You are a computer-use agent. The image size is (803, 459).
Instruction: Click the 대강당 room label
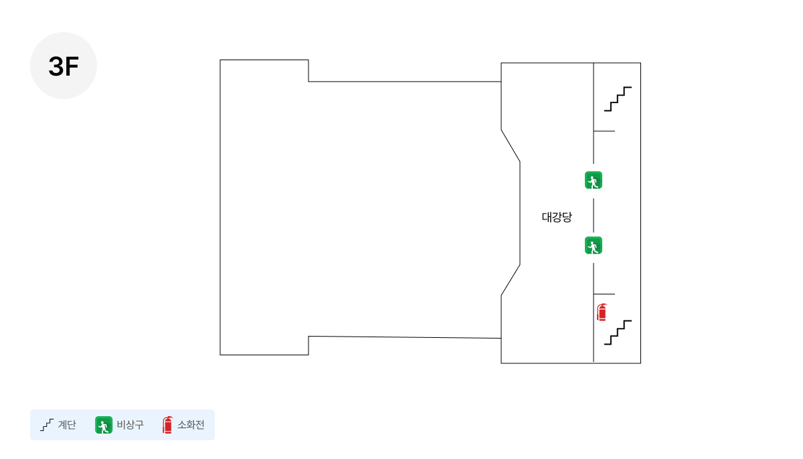(557, 217)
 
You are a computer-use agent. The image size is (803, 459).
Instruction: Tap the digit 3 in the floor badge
(56, 67)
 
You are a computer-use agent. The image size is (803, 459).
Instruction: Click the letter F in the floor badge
(72, 67)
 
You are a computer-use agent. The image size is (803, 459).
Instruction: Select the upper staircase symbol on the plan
(618, 99)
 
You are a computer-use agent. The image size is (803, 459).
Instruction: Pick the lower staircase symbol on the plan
(618, 333)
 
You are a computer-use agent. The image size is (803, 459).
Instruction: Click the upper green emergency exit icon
(594, 180)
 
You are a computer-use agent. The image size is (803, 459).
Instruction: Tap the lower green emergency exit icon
(594, 246)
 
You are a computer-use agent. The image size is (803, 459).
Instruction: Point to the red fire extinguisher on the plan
(602, 312)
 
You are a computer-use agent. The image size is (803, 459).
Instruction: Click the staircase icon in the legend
(47, 425)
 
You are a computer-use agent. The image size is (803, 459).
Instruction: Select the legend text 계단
(67, 425)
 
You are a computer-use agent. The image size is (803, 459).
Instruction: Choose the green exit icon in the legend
(104, 425)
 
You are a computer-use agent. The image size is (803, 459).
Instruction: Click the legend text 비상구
(130, 425)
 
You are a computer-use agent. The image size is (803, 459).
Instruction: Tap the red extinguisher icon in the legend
(167, 425)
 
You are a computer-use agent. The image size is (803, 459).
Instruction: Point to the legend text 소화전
(191, 425)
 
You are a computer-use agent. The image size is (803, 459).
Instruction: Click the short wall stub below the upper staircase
(604, 131)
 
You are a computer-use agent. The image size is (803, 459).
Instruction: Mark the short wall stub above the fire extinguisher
(604, 294)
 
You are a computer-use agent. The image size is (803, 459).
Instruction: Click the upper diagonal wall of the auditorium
(511, 146)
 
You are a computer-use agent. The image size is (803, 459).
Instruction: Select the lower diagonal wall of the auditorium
(511, 280)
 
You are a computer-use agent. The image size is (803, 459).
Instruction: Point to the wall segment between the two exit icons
(594, 215)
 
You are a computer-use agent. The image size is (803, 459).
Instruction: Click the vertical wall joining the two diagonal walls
(520, 213)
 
